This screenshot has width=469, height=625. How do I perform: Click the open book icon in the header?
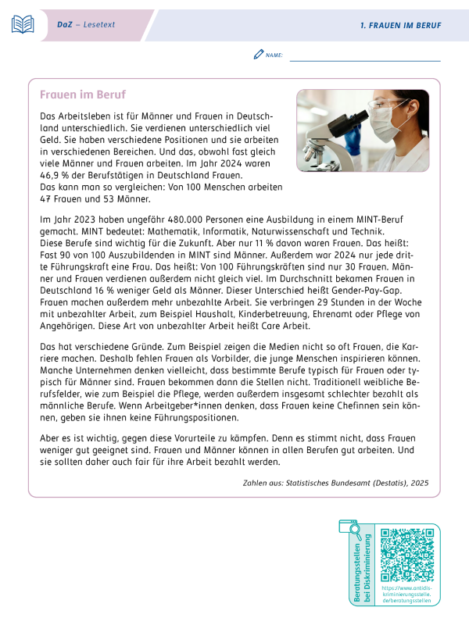click(23, 24)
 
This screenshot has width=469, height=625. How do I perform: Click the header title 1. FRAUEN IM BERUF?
click(400, 25)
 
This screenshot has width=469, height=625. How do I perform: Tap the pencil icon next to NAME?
click(259, 55)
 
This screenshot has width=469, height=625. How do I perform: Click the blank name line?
click(364, 58)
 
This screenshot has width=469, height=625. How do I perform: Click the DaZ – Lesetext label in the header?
click(85, 25)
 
